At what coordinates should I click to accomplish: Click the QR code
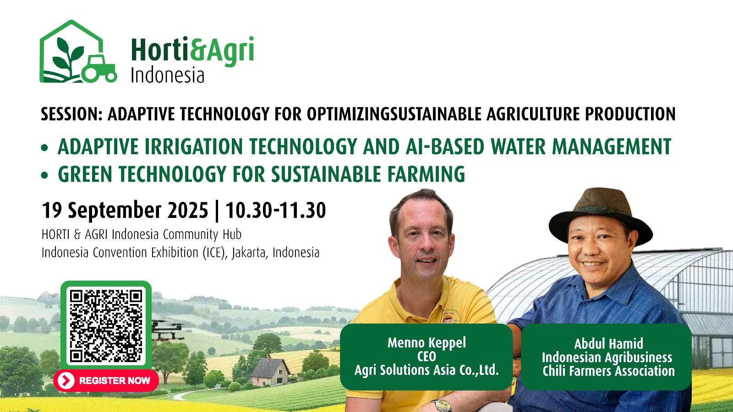(x=106, y=326)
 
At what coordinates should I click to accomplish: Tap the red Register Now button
(x=106, y=380)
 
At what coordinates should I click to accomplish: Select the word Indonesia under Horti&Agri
(x=167, y=75)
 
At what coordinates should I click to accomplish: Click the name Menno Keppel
(x=427, y=343)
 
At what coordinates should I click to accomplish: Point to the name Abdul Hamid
(x=608, y=344)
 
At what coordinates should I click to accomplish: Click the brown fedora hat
(x=601, y=216)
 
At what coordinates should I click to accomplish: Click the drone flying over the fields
(x=167, y=330)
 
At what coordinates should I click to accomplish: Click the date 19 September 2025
(x=125, y=210)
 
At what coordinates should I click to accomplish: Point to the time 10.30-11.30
(x=275, y=210)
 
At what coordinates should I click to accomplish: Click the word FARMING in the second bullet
(x=426, y=174)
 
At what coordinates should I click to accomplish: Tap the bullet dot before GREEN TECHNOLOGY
(x=44, y=175)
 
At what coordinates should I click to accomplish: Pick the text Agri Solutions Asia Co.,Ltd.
(x=427, y=370)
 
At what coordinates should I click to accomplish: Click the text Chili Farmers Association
(x=609, y=371)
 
